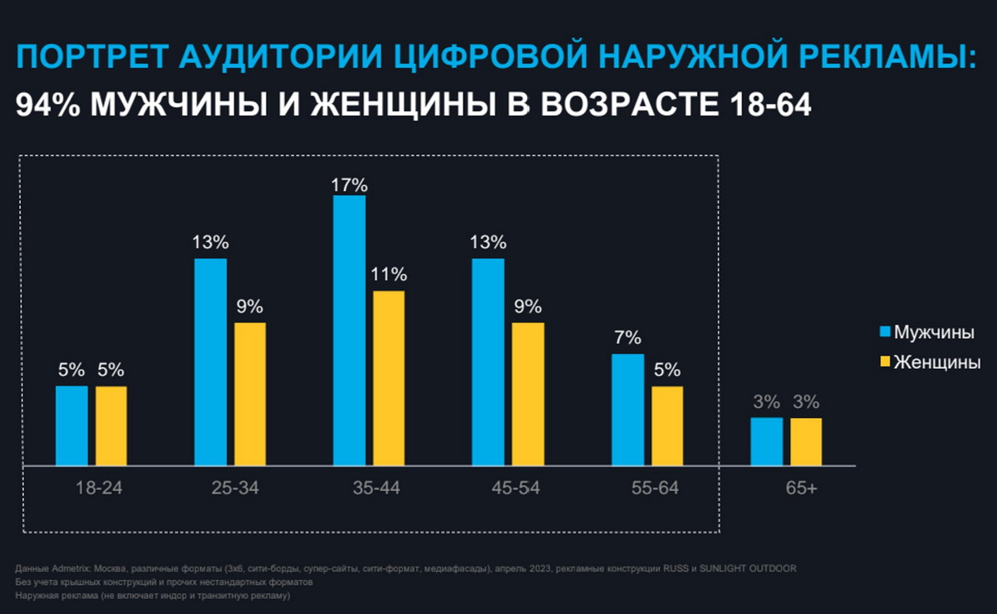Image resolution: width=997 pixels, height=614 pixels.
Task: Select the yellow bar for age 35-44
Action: point(389,378)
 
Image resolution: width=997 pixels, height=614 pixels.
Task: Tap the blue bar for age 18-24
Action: point(71,425)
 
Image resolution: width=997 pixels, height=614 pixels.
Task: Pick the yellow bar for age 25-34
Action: point(250,394)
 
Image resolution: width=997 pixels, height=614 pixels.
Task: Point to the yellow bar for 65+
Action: point(806,441)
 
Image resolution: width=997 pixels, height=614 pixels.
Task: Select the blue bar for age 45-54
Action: point(488,362)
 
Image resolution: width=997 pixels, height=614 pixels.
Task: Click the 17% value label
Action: point(350,184)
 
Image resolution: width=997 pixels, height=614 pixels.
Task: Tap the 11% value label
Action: point(389,275)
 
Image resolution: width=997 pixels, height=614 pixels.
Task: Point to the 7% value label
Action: point(627,338)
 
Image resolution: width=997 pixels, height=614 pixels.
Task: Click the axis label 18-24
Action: point(99,489)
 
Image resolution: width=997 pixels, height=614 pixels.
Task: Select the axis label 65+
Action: point(801,489)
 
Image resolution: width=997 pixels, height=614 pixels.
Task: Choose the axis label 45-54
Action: point(515,489)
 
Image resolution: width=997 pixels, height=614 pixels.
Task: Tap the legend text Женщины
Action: point(937,362)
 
